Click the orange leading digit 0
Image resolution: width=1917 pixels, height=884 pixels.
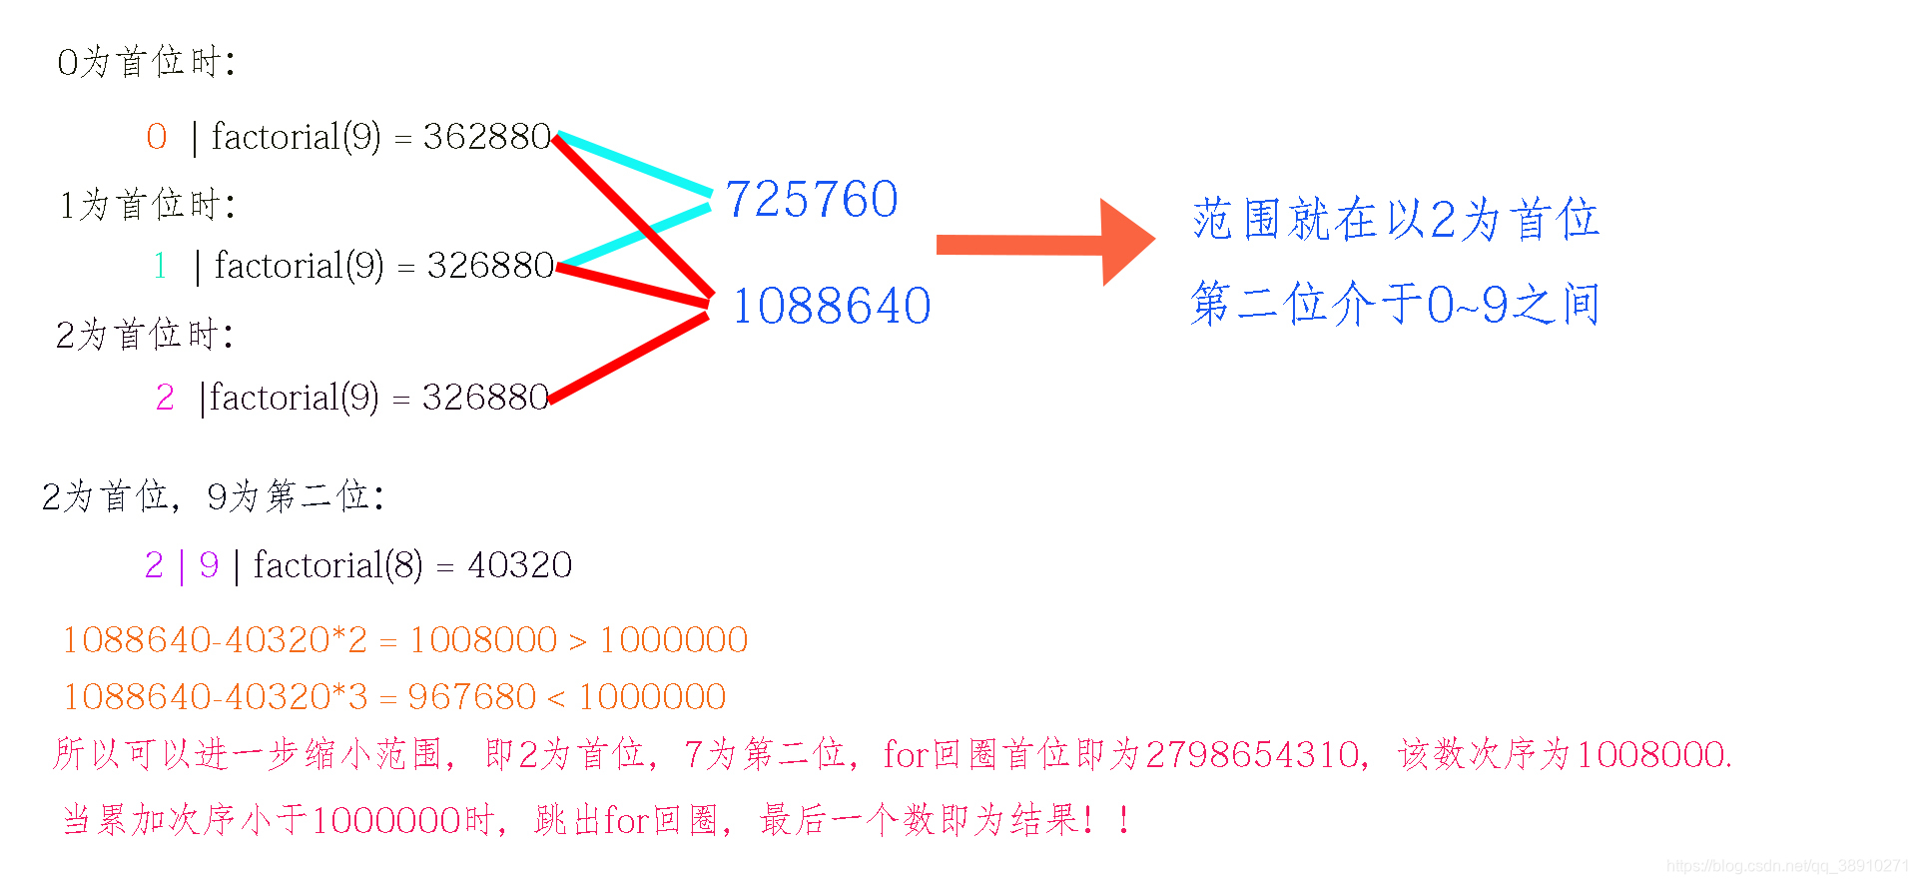coord(157,137)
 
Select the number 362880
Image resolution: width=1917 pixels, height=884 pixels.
coord(487,137)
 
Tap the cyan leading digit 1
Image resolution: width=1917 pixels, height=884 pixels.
coord(160,266)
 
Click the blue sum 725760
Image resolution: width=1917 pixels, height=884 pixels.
coord(812,199)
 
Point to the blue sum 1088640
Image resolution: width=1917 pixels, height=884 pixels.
coord(832,306)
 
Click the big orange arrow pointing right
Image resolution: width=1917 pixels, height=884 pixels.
coord(1044,243)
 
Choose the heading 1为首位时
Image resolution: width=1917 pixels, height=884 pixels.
coord(147,205)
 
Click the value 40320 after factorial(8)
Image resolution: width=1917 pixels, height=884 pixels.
coord(520,565)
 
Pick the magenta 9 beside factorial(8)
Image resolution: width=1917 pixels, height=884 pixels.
coord(209,565)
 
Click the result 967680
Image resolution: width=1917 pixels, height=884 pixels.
coord(471,697)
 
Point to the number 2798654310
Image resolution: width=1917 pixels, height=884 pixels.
coord(1253,754)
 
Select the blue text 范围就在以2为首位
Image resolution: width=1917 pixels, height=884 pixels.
coord(1395,219)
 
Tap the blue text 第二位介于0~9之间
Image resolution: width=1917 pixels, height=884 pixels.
coord(1395,304)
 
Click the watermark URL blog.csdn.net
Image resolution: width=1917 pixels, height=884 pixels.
coord(1787,866)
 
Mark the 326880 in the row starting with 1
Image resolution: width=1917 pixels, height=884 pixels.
coord(490,266)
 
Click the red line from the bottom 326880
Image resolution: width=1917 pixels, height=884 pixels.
coord(629,358)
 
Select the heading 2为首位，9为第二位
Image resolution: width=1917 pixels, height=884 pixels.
coord(214,496)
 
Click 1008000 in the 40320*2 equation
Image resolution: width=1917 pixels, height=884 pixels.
coord(483,640)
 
